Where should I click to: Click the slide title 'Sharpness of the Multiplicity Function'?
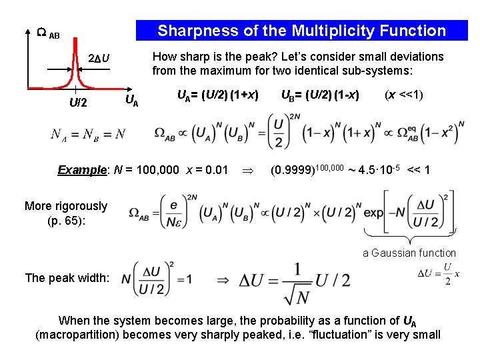pos(301,31)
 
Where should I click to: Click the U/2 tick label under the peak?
pos(77,103)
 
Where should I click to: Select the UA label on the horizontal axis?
pos(132,101)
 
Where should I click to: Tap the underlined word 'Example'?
pos(79,170)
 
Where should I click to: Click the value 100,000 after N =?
pos(156,170)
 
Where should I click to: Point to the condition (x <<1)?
pos(404,95)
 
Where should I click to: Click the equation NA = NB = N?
pos(87,135)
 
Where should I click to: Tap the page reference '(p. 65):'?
pos(65,220)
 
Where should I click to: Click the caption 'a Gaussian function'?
pos(409,253)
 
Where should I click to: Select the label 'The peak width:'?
pos(67,277)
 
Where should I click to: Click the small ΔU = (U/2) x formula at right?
pos(438,274)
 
